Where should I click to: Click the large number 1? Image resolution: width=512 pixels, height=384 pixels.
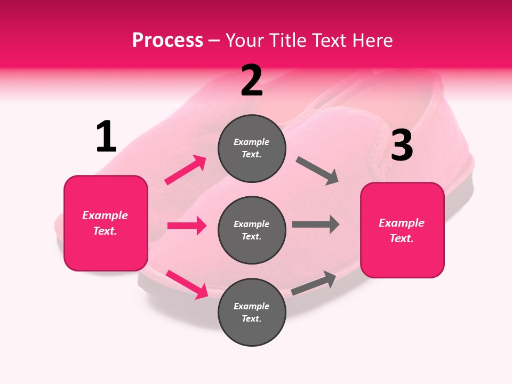click(x=106, y=137)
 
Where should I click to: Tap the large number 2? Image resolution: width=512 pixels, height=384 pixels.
click(x=252, y=81)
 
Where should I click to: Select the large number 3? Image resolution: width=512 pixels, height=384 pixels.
click(x=402, y=146)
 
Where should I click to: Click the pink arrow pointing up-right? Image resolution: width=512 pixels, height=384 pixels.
click(x=186, y=170)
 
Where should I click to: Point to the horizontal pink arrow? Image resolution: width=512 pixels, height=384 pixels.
click(x=187, y=226)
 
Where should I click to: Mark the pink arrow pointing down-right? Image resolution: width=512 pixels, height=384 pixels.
click(x=187, y=284)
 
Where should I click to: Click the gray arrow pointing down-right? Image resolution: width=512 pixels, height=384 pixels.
click(x=317, y=171)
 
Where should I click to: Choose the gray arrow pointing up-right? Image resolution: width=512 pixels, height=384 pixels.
click(x=314, y=283)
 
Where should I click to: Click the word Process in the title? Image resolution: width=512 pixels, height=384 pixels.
click(x=167, y=40)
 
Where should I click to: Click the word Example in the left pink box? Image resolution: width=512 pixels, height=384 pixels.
click(x=105, y=215)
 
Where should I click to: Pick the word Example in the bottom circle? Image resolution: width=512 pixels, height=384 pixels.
click(x=252, y=306)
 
